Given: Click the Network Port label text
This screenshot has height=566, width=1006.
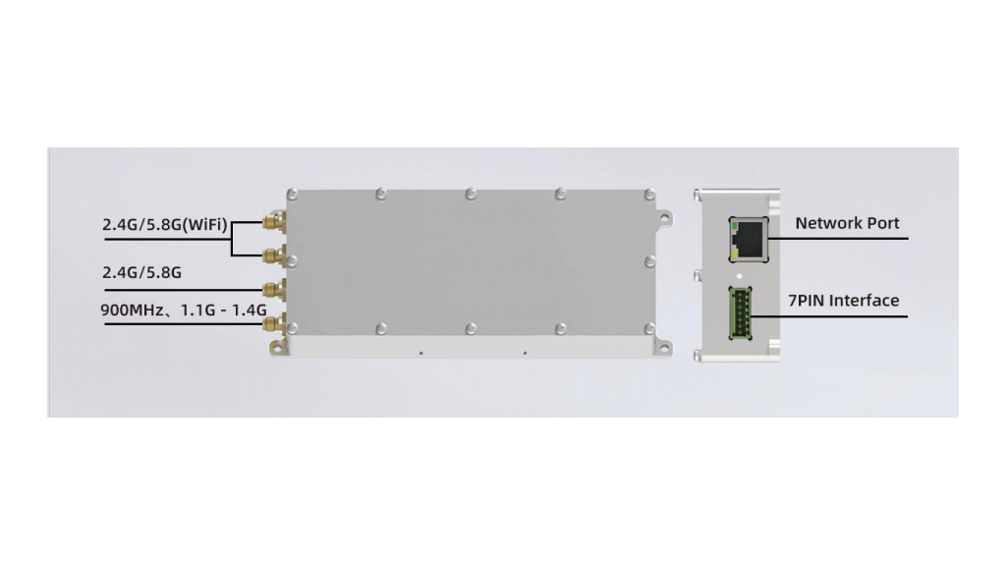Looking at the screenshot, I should click(847, 223).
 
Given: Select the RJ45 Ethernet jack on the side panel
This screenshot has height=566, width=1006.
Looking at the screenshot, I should click(749, 236).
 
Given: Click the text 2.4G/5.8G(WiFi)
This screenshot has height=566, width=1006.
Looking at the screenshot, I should click(165, 225).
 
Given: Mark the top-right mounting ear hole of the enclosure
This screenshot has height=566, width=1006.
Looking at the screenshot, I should click(665, 215).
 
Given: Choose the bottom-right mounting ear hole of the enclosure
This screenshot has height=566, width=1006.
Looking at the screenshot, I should click(665, 345).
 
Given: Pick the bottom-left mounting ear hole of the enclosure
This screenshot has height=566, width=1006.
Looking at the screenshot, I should click(278, 345).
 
